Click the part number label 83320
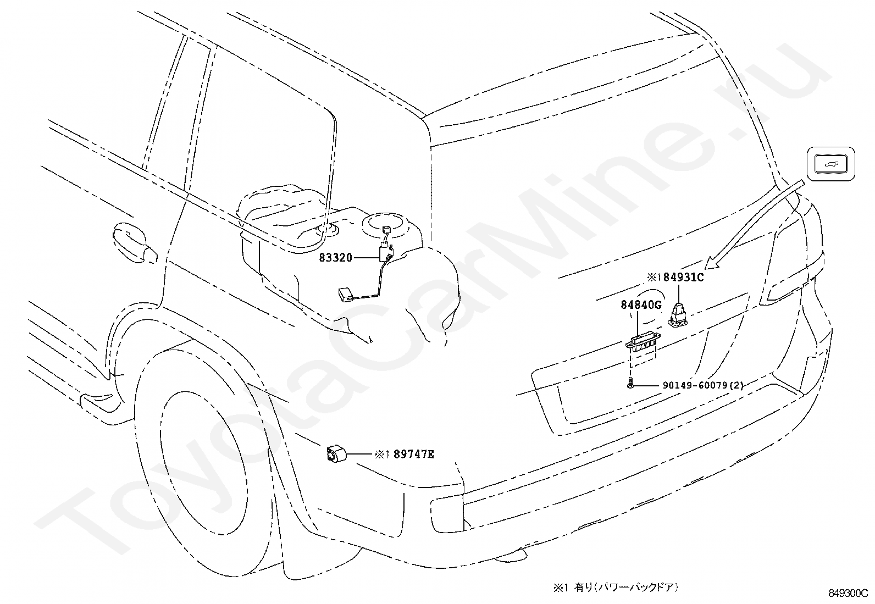(x=336, y=257)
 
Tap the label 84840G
(x=641, y=304)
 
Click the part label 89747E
(x=414, y=454)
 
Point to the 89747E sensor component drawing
(x=336, y=453)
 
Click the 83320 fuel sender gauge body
(x=386, y=252)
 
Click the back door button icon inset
(x=830, y=164)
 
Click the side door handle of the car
(x=135, y=242)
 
